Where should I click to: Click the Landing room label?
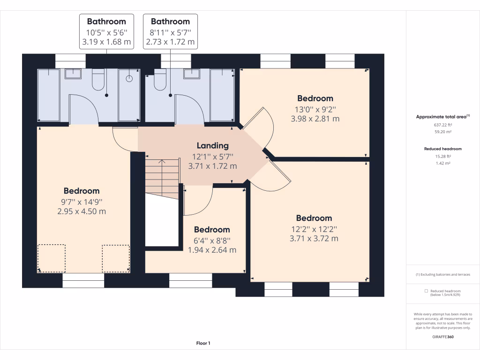[x=212, y=146]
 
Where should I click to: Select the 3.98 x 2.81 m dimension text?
[x=315, y=119]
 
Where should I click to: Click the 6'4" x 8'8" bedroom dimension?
[x=212, y=240]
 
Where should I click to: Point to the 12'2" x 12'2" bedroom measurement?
[x=314, y=229]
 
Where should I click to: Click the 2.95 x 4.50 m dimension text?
[x=82, y=211]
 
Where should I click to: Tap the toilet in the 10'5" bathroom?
[x=98, y=80]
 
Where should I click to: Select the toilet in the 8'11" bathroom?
[x=160, y=80]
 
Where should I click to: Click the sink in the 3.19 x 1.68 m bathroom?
[x=73, y=74]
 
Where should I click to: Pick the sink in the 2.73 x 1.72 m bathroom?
[x=192, y=74]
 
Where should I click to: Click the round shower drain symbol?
[x=129, y=79]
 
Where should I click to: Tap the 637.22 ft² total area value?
[x=443, y=125]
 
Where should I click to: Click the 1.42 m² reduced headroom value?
[x=443, y=164]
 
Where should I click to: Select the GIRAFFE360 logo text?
[x=443, y=337]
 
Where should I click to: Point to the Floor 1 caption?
[x=203, y=343]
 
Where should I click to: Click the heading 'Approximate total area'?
[x=441, y=117]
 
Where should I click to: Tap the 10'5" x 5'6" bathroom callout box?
[x=106, y=31]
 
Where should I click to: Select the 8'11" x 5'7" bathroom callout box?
[x=170, y=31]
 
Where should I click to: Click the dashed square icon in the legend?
[x=426, y=291]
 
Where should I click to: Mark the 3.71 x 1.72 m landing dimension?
[x=212, y=166]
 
